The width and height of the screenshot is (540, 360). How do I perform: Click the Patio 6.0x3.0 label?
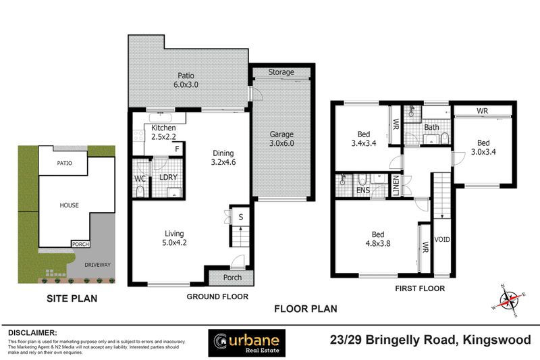(186, 81)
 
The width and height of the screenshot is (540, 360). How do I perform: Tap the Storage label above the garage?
(281, 72)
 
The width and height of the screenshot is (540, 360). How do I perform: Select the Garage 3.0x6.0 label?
(281, 138)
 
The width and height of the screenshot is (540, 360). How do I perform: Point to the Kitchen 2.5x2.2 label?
(164, 132)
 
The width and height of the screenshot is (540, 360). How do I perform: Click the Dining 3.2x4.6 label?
(223, 157)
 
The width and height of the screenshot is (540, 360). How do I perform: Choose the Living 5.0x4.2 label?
(173, 238)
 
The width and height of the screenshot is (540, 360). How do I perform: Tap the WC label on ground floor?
(140, 179)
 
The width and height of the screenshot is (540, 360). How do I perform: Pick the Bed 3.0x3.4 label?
(483, 148)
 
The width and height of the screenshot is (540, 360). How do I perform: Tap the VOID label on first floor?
(443, 240)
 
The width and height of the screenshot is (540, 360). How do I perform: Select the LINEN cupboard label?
(396, 186)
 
